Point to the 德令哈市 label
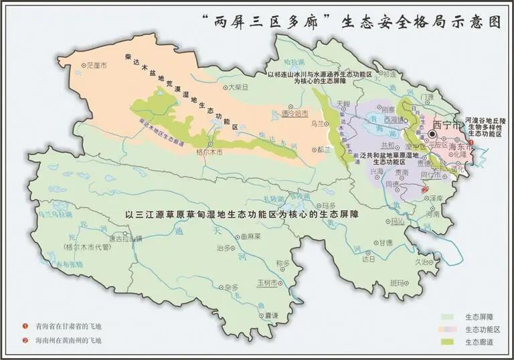tap(296, 114)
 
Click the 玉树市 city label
tap(267, 283)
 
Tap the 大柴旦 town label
tap(238, 87)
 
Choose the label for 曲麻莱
tap(251, 236)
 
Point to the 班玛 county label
tap(398, 283)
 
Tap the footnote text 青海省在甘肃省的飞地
tap(70, 327)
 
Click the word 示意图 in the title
tap(479, 21)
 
